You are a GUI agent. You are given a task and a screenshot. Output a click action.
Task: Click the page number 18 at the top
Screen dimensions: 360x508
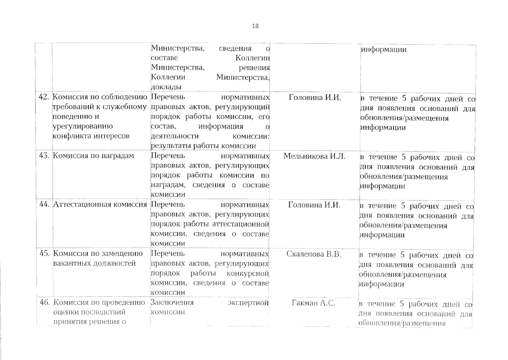point(255,26)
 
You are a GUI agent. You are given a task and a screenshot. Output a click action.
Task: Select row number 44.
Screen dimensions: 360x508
point(44,205)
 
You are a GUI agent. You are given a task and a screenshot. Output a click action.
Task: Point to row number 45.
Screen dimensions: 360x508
point(44,253)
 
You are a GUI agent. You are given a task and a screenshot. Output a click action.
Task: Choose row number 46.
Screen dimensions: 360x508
point(45,302)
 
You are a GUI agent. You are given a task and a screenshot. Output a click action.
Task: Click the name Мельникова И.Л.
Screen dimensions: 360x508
point(314,156)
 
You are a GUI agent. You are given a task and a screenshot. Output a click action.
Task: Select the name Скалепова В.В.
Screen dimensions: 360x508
point(314,254)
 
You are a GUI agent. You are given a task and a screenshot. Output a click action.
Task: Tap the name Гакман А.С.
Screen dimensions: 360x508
point(313,303)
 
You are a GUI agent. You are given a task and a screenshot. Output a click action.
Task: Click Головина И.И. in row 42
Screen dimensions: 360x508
point(315,97)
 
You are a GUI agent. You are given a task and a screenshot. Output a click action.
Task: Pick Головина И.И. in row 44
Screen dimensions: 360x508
point(314,205)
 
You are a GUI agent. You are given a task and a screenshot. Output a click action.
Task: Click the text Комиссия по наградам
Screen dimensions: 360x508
point(94,156)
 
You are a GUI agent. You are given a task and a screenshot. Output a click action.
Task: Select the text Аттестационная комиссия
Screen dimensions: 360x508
point(100,205)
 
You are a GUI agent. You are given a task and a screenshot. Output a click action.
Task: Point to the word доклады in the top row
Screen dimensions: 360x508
point(166,87)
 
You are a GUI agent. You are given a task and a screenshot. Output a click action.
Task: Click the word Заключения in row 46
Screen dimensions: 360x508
point(172,302)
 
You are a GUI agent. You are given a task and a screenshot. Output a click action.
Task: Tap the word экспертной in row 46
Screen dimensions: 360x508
point(248,303)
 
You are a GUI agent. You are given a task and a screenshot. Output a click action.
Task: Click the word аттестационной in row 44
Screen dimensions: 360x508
point(240,224)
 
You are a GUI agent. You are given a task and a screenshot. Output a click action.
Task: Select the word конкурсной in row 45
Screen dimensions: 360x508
point(248,274)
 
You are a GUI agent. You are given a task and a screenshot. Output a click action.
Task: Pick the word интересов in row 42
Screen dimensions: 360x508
point(111,136)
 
